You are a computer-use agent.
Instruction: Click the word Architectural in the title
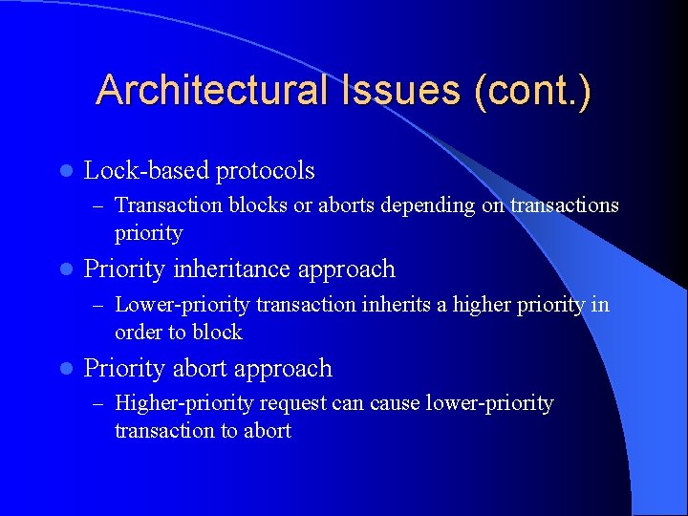click(x=208, y=90)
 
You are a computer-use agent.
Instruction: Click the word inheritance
click(x=230, y=269)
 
